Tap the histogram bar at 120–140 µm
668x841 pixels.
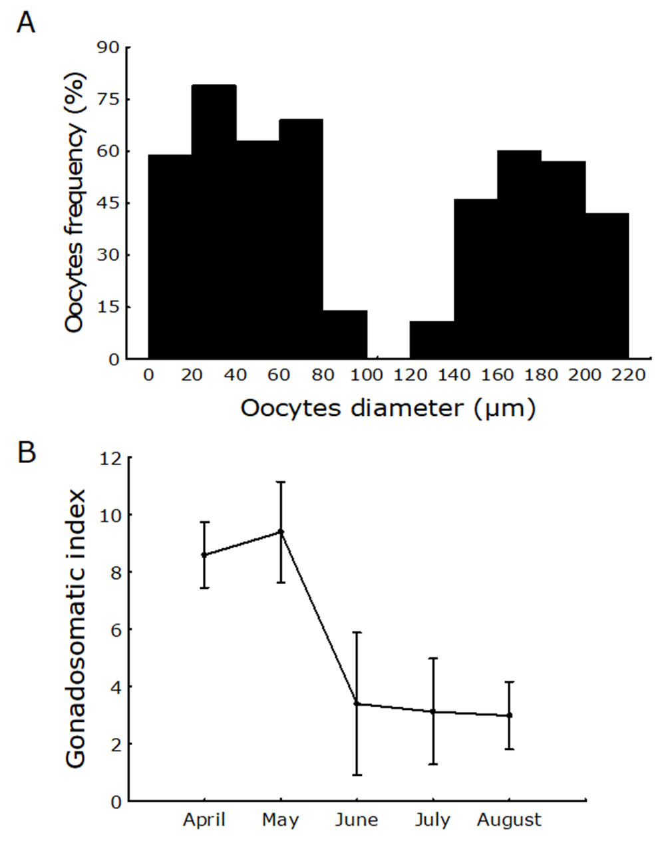pos(432,340)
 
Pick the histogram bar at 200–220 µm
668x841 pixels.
pos(607,286)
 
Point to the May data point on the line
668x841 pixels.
pos(281,532)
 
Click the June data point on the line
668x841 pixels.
pos(357,703)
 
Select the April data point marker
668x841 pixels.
pos(204,555)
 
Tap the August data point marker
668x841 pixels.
pos(510,715)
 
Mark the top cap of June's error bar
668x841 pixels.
pos(357,632)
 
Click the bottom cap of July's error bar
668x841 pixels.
pos(433,764)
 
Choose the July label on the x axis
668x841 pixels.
pos(432,820)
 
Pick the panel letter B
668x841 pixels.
pos(27,452)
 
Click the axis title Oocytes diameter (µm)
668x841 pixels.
pos(387,408)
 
